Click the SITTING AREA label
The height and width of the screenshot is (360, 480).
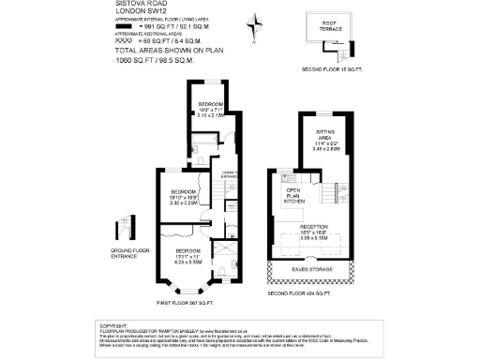tap(325, 141)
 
